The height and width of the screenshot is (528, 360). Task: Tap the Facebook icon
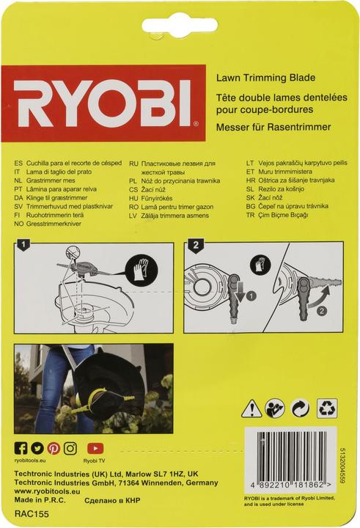(x=21, y=447)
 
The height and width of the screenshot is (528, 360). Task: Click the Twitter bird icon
(x=37, y=447)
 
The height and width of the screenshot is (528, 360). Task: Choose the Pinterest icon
(x=54, y=447)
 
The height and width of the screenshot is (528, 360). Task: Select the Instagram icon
(x=70, y=447)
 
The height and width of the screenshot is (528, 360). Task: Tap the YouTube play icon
(x=94, y=447)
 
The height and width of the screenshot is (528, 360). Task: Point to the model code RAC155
(x=31, y=515)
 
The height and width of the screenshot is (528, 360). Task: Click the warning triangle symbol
(x=251, y=406)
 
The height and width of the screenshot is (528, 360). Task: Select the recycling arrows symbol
(x=327, y=406)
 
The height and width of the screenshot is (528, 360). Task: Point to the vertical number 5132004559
(x=353, y=460)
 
